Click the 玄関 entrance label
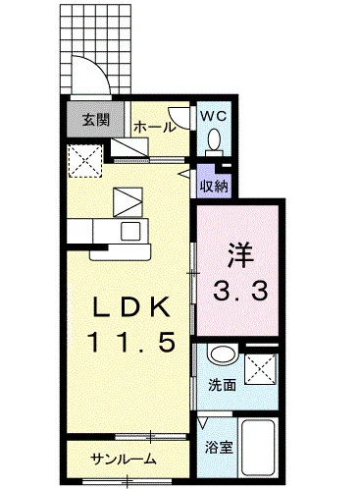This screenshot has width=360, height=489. [x=95, y=121]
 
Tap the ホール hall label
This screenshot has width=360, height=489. [x=155, y=128]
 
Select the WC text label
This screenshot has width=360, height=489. [x=213, y=116]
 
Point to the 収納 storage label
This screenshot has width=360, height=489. [x=214, y=187]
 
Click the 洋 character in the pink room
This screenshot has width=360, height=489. [x=240, y=255]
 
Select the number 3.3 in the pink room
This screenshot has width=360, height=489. [x=240, y=291]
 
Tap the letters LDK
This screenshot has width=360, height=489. [x=131, y=306]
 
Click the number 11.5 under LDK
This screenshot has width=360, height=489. [x=130, y=342]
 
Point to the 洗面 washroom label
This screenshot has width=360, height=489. [x=223, y=385]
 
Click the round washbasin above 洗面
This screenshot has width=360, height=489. [x=223, y=354]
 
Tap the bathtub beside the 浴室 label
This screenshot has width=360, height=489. [x=258, y=448]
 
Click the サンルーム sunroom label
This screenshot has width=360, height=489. [x=124, y=460]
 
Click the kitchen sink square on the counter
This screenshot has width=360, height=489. [x=130, y=231]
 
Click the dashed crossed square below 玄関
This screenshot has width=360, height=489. [x=85, y=161]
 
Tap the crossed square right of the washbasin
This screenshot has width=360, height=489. [x=261, y=369]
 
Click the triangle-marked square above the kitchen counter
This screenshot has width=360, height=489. [x=128, y=202]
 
